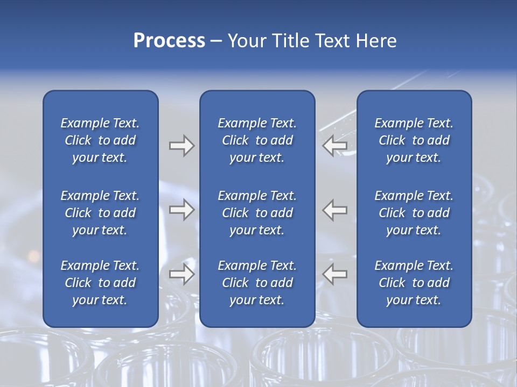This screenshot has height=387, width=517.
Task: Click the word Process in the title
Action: pyautogui.click(x=169, y=41)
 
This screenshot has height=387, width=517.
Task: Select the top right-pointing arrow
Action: pyautogui.click(x=181, y=146)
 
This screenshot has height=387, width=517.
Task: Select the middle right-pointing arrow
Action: pyautogui.click(x=181, y=210)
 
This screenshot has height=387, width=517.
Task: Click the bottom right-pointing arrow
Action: pyautogui.click(x=181, y=274)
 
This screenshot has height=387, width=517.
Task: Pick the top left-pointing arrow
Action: pyautogui.click(x=335, y=146)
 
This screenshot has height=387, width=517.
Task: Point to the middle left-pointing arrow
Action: pyautogui.click(x=335, y=210)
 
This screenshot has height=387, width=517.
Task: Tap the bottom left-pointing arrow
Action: pyautogui.click(x=335, y=274)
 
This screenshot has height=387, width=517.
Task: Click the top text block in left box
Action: pyautogui.click(x=100, y=140)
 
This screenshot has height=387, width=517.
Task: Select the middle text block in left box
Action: pyautogui.click(x=100, y=213)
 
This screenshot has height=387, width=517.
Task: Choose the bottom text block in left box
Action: pyautogui.click(x=100, y=283)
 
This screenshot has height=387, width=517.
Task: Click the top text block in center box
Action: pyautogui.click(x=257, y=140)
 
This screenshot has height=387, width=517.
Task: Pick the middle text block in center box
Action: pyautogui.click(x=257, y=213)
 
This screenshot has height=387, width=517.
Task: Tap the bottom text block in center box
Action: pyautogui.click(x=257, y=283)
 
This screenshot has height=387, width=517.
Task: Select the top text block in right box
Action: pyautogui.click(x=414, y=140)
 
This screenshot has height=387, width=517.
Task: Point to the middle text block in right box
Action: pyautogui.click(x=414, y=213)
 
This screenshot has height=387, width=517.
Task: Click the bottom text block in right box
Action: pyautogui.click(x=414, y=283)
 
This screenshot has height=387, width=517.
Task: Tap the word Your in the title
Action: pyautogui.click(x=245, y=41)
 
